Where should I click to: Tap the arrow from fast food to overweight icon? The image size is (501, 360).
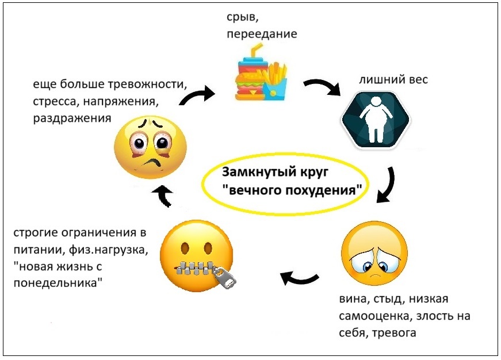click(323, 87)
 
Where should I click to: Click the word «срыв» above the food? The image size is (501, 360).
click(240, 17)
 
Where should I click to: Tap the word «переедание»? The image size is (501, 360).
click(262, 34)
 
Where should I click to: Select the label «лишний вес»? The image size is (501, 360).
click(393, 80)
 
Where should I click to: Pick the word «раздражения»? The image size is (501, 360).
click(72, 119)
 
